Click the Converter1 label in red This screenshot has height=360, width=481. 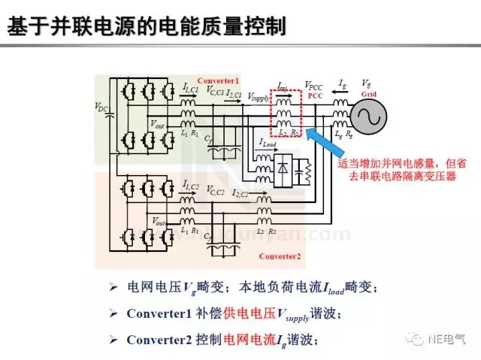coord(218,80)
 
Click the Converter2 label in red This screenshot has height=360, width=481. coord(280,256)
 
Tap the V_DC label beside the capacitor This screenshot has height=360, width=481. coord(102,107)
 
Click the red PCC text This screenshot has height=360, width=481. coord(316,96)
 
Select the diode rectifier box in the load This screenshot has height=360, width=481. coord(284,168)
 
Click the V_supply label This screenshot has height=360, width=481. coord(259,98)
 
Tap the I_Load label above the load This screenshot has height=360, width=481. coord(268,143)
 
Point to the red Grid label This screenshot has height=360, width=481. coord(369,95)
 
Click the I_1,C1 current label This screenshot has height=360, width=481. coord(191,88)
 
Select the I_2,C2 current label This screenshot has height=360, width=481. coord(241,194)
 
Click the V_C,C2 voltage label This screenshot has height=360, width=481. coord(215,189)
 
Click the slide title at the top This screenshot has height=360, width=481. coord(147,28)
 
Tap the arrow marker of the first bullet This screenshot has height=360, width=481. coord(113,287)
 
